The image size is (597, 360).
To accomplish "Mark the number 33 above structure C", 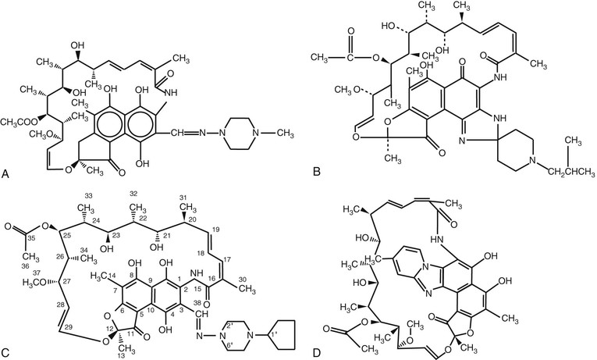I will coord(88,195).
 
